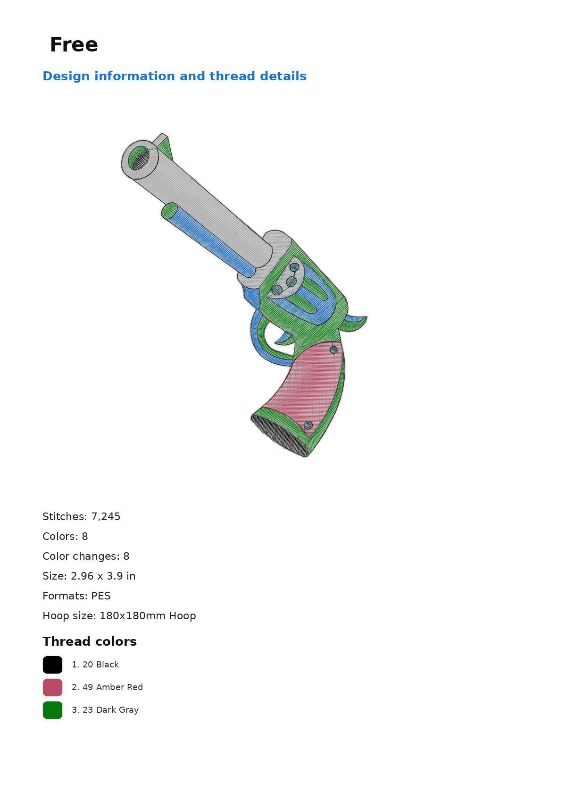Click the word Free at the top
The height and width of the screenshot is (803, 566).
pos(74,45)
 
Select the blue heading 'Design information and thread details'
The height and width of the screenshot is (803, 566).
pos(175,76)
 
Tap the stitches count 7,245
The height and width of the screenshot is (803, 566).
pos(106,517)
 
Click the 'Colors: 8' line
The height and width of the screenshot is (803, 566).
pos(65,536)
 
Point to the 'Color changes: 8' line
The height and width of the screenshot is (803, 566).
pos(86,556)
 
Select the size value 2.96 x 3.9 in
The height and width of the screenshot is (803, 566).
pos(103,576)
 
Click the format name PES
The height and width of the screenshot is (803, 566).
pos(101,596)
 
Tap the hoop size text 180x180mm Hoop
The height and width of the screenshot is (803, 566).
pos(148,616)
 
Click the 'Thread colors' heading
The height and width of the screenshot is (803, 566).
pos(90,641)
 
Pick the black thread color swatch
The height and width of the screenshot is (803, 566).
pos(52,665)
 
